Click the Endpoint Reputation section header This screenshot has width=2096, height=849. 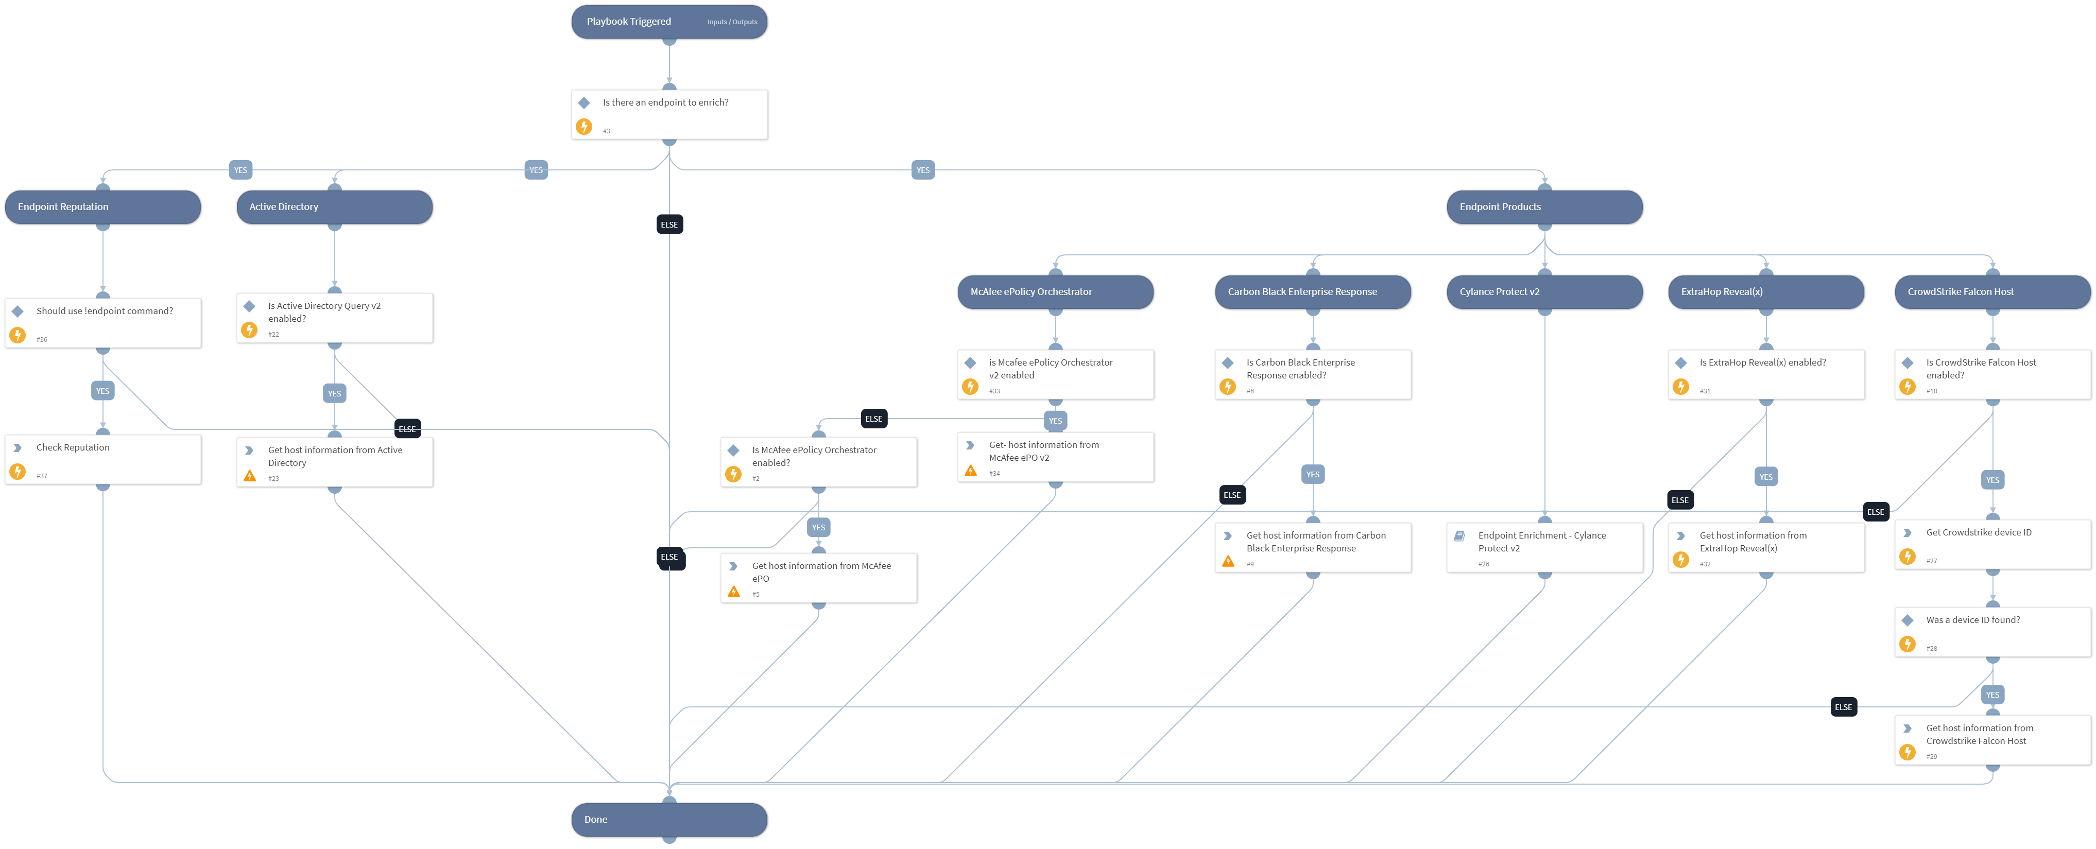point(102,206)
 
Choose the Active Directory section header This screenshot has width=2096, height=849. point(334,206)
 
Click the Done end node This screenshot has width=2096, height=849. point(669,819)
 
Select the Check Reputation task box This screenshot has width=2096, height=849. point(102,459)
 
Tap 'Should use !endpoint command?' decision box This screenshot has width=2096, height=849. point(102,323)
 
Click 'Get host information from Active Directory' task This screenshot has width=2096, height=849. point(334,462)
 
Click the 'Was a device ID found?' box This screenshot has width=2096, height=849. point(1992,632)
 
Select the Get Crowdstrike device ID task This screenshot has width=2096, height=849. point(1992,544)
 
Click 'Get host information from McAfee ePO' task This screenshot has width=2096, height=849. point(818,577)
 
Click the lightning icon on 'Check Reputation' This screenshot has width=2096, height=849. point(17,472)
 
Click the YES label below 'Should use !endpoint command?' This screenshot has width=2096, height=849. point(102,391)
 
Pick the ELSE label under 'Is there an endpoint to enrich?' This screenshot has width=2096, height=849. point(669,224)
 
